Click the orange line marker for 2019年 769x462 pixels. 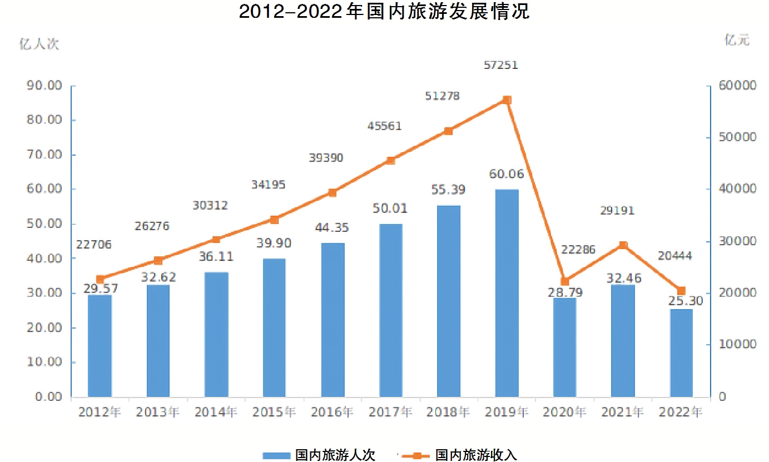[x=507, y=100]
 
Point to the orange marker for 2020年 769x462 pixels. [x=565, y=281]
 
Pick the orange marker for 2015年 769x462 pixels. [x=274, y=220]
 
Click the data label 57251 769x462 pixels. [x=501, y=65]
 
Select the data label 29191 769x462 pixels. [x=617, y=211]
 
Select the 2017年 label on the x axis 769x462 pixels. [x=390, y=413]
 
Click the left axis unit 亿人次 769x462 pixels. [x=39, y=44]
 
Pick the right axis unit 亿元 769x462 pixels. [x=737, y=40]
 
